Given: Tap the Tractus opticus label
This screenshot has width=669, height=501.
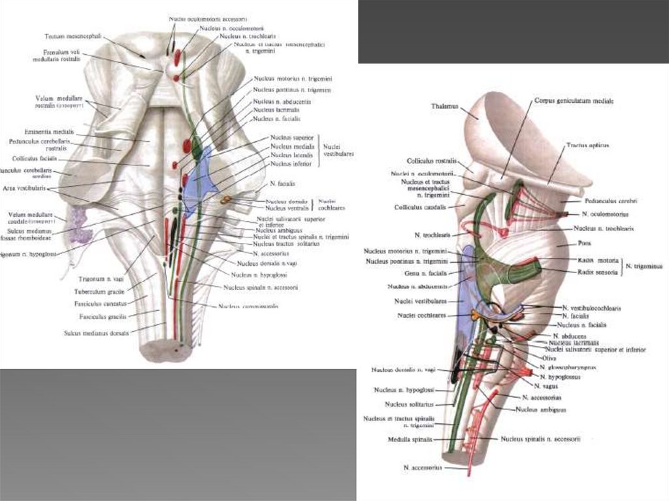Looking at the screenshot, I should point(583,145).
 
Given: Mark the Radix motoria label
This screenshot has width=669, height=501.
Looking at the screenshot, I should point(594,259).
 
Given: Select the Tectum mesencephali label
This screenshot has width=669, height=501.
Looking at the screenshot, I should point(71,37).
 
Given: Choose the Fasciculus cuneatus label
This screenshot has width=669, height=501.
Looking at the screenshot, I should point(103,304).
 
